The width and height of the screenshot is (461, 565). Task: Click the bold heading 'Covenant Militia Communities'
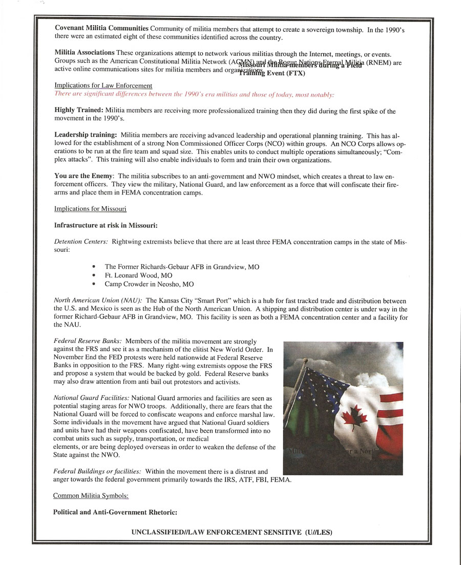tap(101, 28)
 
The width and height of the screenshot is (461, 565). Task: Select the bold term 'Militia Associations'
tap(85, 53)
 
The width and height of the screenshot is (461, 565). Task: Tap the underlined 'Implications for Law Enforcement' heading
tap(103, 85)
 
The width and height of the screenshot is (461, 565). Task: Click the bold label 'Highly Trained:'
tap(78, 111)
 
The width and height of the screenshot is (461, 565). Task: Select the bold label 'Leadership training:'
tap(86, 135)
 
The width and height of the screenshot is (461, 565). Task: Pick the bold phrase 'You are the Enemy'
tap(84, 176)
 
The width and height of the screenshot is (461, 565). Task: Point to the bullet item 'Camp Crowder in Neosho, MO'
tap(149, 284)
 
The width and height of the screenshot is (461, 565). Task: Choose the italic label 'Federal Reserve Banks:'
tap(88, 341)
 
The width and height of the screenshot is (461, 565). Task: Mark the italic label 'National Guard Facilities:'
tap(92, 398)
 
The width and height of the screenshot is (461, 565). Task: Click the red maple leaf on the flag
tap(354, 419)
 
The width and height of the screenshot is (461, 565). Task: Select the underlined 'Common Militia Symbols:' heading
tap(91, 495)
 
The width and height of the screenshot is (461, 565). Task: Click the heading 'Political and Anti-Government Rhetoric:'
tap(115, 512)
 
